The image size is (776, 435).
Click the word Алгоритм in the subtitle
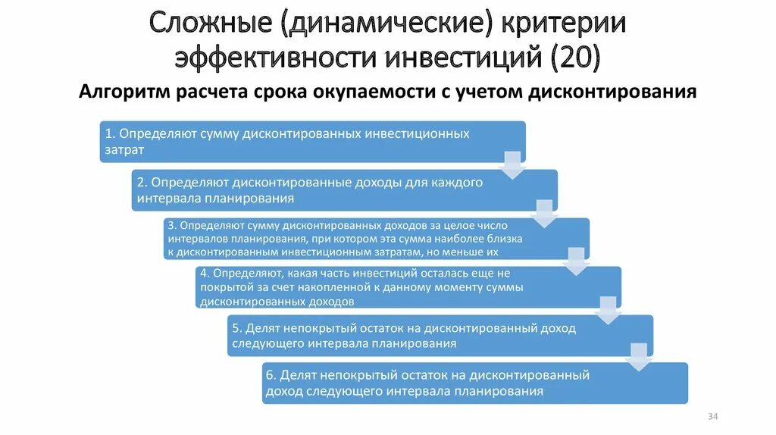click(x=124, y=92)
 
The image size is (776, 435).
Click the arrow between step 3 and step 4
click(x=576, y=261)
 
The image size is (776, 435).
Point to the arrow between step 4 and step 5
click(x=608, y=310)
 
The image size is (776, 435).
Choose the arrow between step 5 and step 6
click(x=640, y=358)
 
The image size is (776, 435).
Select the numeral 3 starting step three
click(x=172, y=226)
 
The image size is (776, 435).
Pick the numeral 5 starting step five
click(x=236, y=328)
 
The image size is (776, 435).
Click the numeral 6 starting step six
click(x=269, y=376)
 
